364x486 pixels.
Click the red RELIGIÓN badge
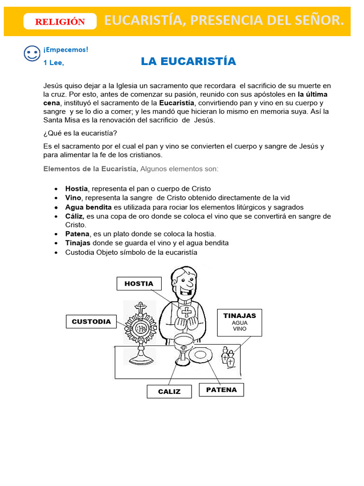click(x=60, y=21)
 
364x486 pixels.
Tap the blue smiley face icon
click(x=32, y=53)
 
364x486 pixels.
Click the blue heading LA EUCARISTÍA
click(x=188, y=61)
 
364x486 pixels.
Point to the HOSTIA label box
click(x=139, y=283)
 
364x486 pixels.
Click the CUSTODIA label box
click(x=91, y=321)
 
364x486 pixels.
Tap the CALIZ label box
click(x=169, y=392)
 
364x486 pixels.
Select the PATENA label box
click(x=221, y=390)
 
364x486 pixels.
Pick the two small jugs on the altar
click(x=228, y=356)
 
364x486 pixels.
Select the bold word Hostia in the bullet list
click(x=76, y=188)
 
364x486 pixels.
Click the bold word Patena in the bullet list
click(x=77, y=234)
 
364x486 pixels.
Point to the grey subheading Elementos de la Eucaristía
click(x=91, y=168)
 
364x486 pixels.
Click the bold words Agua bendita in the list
click(x=89, y=207)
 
